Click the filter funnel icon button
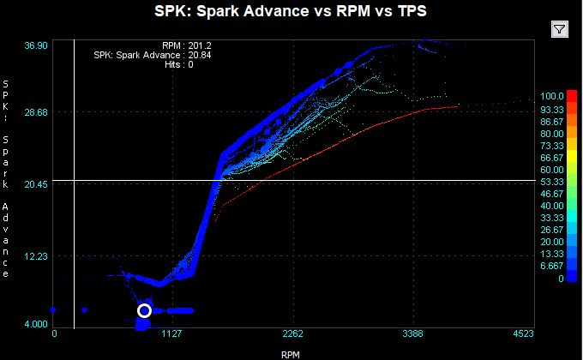(x=559, y=29)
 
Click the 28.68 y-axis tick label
(x=34, y=112)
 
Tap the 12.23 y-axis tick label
(x=34, y=256)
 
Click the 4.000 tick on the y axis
(x=34, y=323)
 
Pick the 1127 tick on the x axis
(x=174, y=334)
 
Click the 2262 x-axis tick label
(x=294, y=334)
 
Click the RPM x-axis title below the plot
(x=291, y=352)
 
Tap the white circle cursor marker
(x=144, y=310)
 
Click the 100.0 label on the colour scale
(x=551, y=96)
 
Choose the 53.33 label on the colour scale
(x=551, y=182)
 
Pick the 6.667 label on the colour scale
(x=551, y=266)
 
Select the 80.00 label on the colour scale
(x=551, y=134)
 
